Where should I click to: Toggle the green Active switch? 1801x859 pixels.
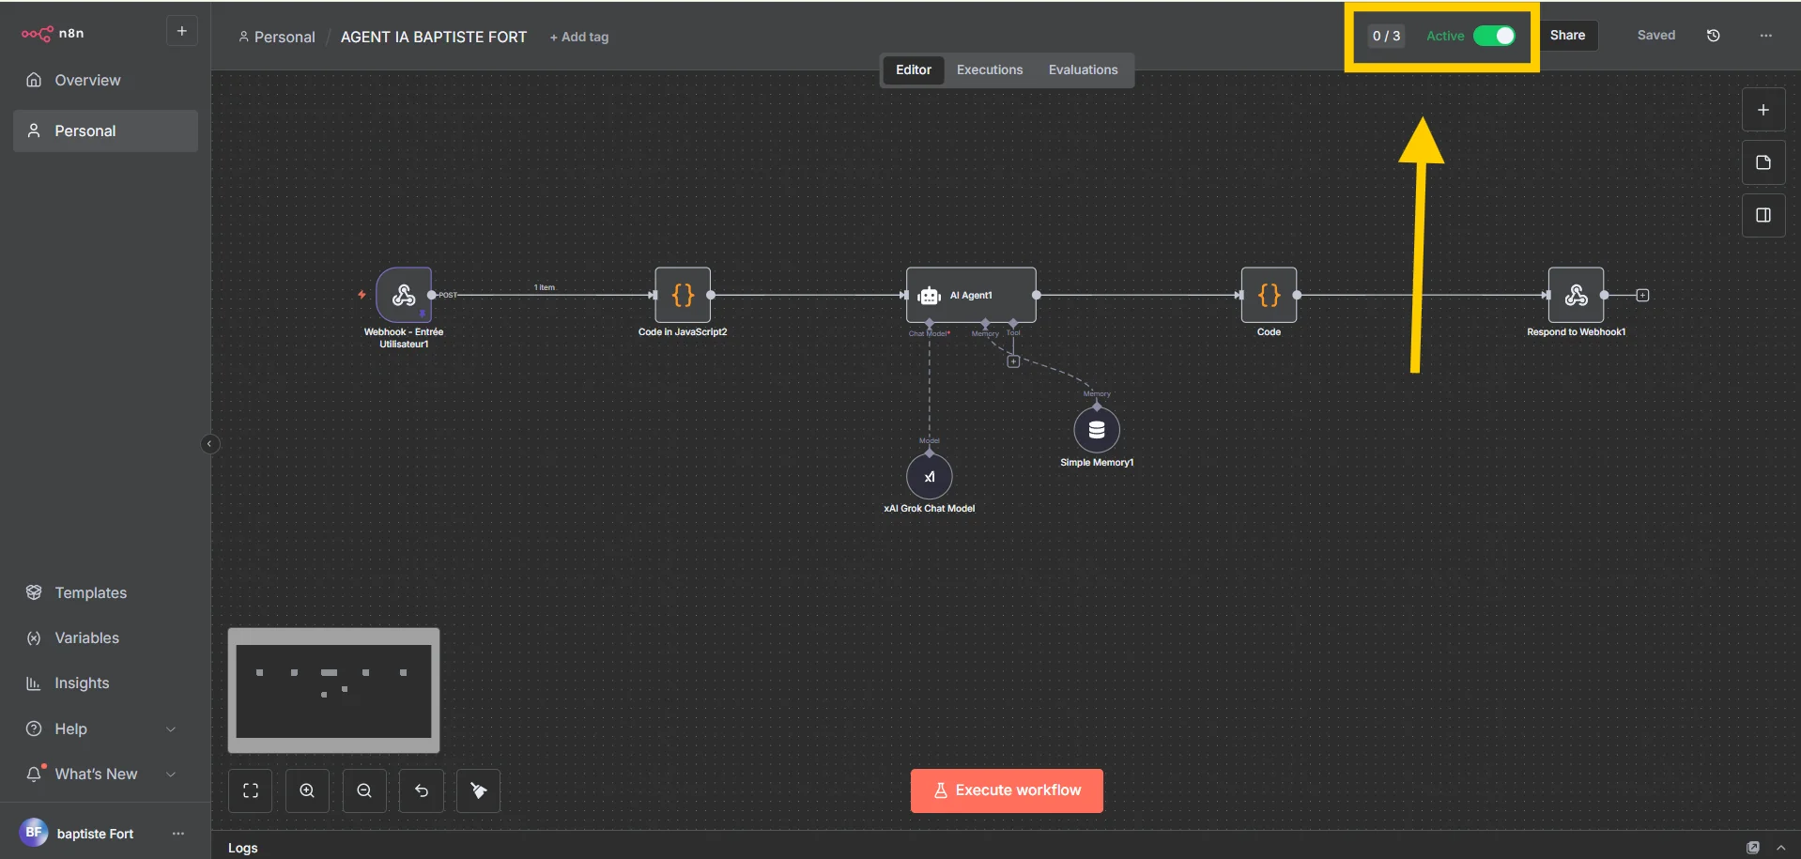point(1493,36)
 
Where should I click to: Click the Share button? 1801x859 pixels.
point(1567,36)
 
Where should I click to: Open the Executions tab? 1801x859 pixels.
point(989,69)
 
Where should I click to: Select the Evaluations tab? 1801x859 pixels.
point(1083,69)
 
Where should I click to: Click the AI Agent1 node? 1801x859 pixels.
point(970,295)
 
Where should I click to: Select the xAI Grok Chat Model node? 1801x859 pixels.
point(929,477)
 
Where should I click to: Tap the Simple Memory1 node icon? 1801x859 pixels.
point(1096,430)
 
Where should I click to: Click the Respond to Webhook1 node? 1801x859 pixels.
point(1576,295)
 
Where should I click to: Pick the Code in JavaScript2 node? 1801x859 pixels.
point(683,295)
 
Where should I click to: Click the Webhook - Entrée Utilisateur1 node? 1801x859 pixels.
point(404,295)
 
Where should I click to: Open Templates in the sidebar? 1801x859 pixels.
point(90,592)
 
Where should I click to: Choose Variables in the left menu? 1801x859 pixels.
point(86,637)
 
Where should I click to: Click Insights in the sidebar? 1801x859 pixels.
point(82,683)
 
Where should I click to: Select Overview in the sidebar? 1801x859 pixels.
point(87,80)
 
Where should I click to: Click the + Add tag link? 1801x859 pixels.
point(579,37)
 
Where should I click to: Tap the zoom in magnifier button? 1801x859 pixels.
point(307,790)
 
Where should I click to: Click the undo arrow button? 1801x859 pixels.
point(422,790)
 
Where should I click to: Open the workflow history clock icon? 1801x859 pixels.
point(1713,36)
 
